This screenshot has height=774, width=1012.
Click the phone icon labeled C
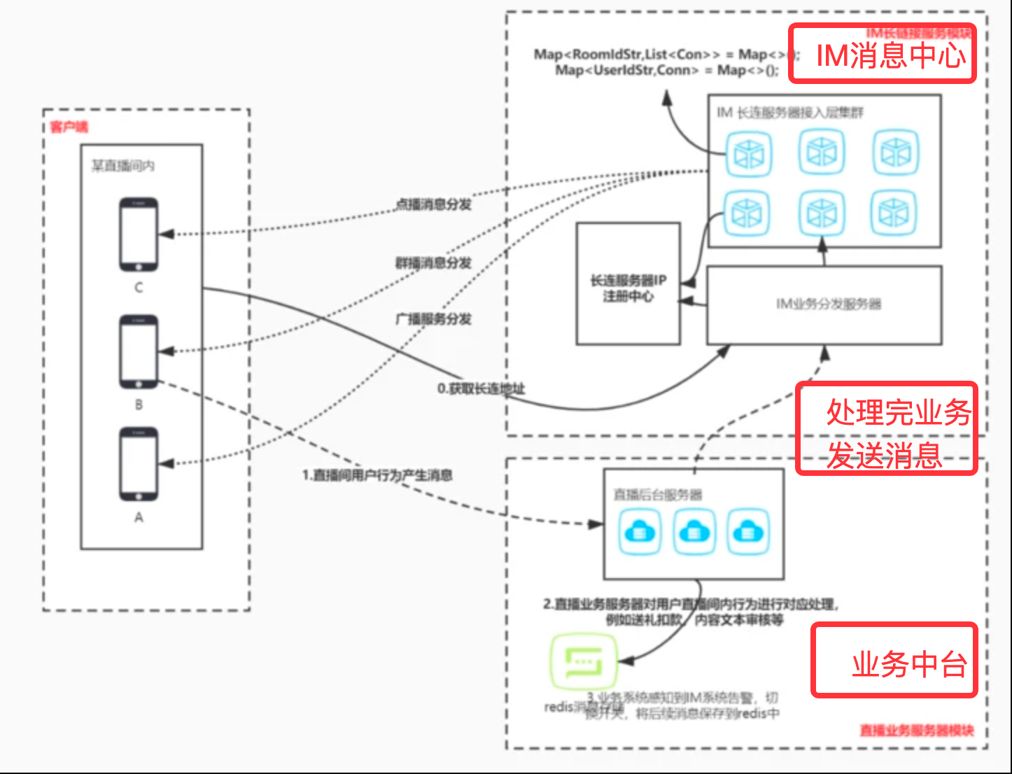pos(138,234)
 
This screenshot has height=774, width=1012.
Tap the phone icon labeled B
pos(138,351)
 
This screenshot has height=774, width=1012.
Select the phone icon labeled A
pos(138,464)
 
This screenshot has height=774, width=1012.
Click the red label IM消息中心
pos(883,55)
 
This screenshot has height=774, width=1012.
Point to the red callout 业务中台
pos(894,661)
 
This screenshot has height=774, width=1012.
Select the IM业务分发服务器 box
pos(824,304)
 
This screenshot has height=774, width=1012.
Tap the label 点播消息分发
pos(434,204)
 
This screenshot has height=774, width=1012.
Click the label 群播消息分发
pos(434,263)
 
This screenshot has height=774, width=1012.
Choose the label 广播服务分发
pos(434,319)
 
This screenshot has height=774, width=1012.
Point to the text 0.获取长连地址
pos(481,389)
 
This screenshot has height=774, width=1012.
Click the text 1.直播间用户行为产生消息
pos(377,476)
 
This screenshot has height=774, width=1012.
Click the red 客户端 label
pos(69,127)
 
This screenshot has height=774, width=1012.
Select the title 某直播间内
pos(123,166)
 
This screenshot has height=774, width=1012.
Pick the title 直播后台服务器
pos(658,495)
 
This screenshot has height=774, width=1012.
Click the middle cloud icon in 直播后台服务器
pos(694,532)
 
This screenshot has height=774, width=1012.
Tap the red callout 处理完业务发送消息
pos(887,429)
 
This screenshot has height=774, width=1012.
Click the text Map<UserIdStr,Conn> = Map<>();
pos(666,70)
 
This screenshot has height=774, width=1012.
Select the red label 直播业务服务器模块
pos(917,731)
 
